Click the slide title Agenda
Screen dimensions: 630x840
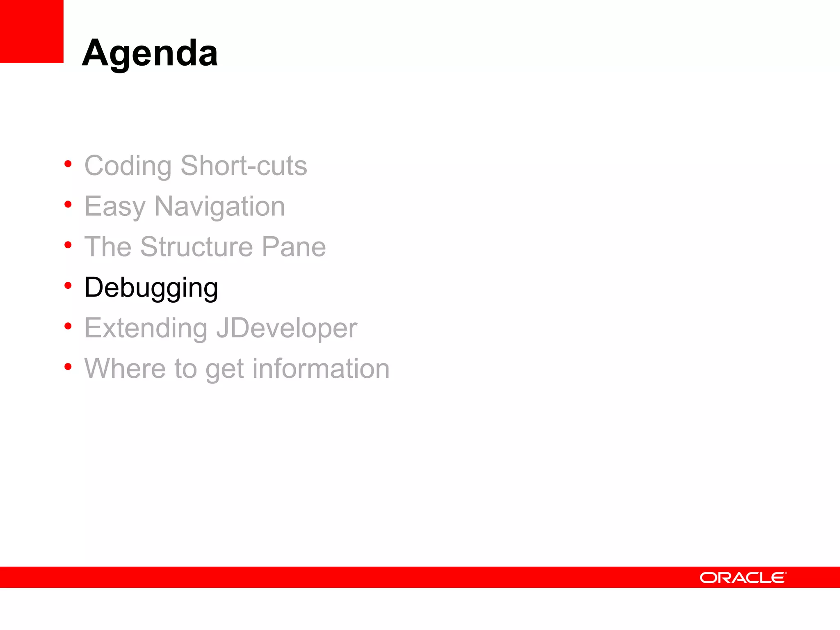click(150, 53)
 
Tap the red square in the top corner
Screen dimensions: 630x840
click(32, 31)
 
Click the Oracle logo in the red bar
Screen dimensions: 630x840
click(743, 577)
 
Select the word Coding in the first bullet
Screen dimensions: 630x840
click(128, 166)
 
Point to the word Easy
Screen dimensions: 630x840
click(115, 207)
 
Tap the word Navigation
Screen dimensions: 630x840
click(219, 207)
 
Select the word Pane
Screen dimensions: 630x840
click(294, 247)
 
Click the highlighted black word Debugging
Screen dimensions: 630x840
click(151, 288)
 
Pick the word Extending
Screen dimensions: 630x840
click(146, 329)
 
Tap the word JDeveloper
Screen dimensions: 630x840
click(286, 329)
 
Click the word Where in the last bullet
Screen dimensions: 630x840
click(125, 368)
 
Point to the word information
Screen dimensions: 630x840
click(321, 368)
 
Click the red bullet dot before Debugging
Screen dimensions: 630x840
click(68, 285)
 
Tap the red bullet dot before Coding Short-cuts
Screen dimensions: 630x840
click(68, 164)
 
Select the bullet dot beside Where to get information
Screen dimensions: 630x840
click(68, 366)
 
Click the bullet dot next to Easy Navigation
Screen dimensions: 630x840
click(68, 204)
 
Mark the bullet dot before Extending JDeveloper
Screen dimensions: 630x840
click(68, 326)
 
